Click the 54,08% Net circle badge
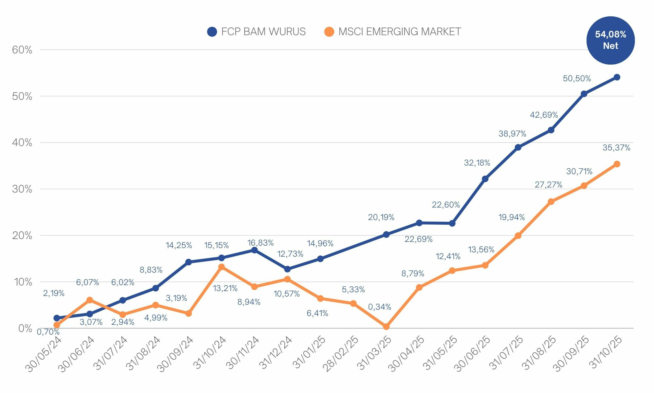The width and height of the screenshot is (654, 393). click(610, 40)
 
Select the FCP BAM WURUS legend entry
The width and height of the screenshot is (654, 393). click(256, 32)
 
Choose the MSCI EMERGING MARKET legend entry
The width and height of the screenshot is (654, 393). click(393, 32)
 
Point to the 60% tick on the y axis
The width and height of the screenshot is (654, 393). click(22, 50)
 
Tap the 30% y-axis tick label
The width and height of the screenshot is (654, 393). click(22, 189)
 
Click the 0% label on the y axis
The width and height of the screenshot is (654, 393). click(25, 328)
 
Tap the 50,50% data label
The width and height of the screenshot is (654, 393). click(577, 79)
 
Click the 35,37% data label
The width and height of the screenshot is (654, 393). click(616, 148)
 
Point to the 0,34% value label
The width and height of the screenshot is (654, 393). click(380, 307)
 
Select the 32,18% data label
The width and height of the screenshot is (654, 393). click(477, 163)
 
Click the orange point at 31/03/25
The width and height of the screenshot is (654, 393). click(386, 327)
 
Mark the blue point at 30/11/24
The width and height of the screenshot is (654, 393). click(254, 250)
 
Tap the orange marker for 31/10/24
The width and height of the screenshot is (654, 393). click(221, 267)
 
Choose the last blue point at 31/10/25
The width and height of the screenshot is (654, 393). click(617, 77)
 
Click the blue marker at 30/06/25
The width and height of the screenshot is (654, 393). click(485, 179)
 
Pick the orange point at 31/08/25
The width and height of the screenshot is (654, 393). click(551, 202)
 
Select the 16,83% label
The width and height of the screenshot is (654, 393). click(260, 243)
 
